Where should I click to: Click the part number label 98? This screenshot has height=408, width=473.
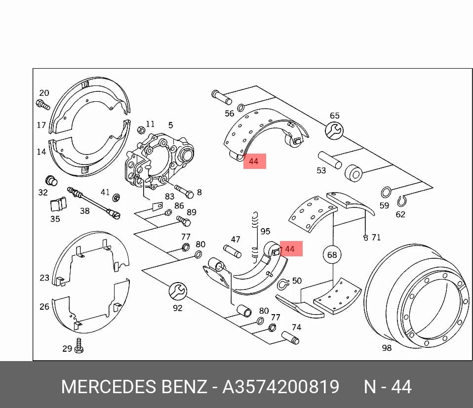(x=387, y=348)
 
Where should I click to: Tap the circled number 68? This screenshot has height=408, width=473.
(x=332, y=255)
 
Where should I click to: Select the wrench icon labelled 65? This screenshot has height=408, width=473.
(x=334, y=131)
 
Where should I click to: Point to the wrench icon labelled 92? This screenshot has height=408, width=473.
(x=178, y=291)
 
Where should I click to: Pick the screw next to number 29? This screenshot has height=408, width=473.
(x=79, y=346)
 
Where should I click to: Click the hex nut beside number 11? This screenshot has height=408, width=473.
(x=141, y=130)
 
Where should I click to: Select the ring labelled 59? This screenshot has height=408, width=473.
(x=386, y=192)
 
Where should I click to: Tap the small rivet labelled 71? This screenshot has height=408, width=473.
(x=366, y=238)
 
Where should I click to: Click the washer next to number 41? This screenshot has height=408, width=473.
(x=116, y=198)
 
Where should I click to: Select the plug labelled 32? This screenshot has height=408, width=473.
(x=51, y=180)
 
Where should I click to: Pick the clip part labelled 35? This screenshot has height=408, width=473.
(x=58, y=204)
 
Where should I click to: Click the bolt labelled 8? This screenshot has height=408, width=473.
(x=184, y=191)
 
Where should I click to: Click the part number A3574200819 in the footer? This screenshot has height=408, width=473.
(x=281, y=387)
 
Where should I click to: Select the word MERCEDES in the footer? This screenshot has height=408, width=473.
(x=110, y=387)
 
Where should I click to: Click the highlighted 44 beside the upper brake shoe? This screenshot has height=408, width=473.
(x=255, y=161)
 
